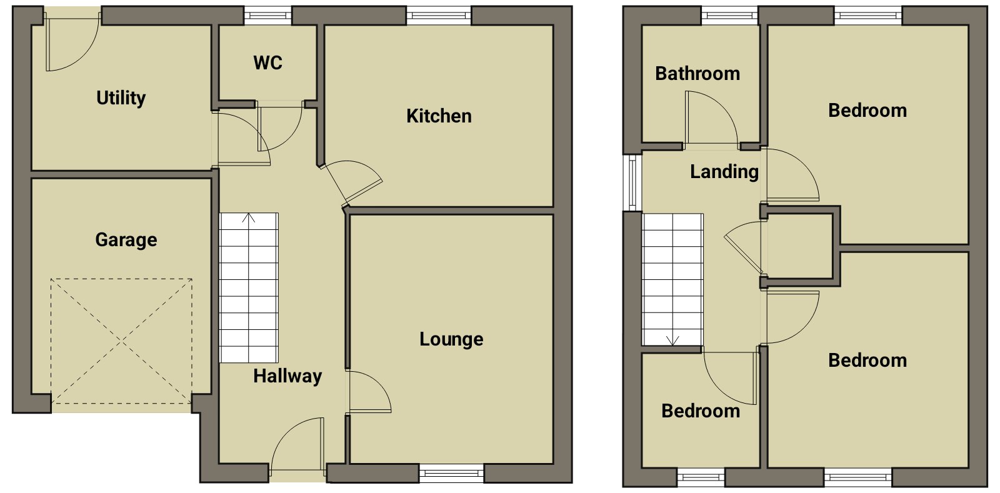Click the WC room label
(x=268, y=63)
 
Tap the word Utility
(x=121, y=98)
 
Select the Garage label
(x=126, y=240)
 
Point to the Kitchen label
(x=439, y=116)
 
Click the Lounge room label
(x=451, y=339)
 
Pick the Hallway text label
(x=287, y=377)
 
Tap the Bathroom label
(x=697, y=74)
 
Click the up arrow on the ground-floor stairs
(x=249, y=218)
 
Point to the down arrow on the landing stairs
(x=672, y=341)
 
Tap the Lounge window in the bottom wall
(x=451, y=474)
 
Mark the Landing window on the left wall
(x=632, y=182)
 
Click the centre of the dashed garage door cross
(x=122, y=342)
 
